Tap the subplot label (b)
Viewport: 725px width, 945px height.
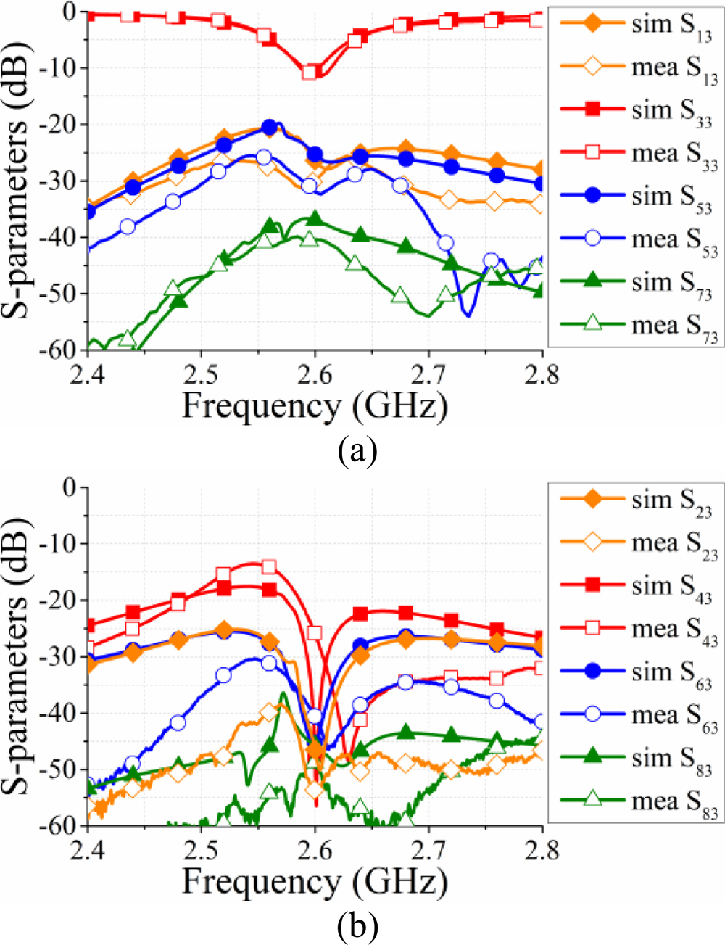tap(357, 926)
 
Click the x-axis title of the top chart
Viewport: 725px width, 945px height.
tap(314, 405)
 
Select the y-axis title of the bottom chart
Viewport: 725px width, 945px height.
tap(22, 657)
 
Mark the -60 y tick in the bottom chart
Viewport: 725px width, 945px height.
tap(60, 825)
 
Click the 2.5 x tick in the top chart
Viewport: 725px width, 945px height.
tap(201, 377)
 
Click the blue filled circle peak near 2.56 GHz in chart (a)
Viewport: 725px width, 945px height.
tap(270, 128)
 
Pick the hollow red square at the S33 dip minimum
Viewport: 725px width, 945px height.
tap(310, 72)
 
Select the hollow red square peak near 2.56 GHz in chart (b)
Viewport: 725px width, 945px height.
tap(269, 567)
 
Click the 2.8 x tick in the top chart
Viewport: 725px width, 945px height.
tap(542, 377)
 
